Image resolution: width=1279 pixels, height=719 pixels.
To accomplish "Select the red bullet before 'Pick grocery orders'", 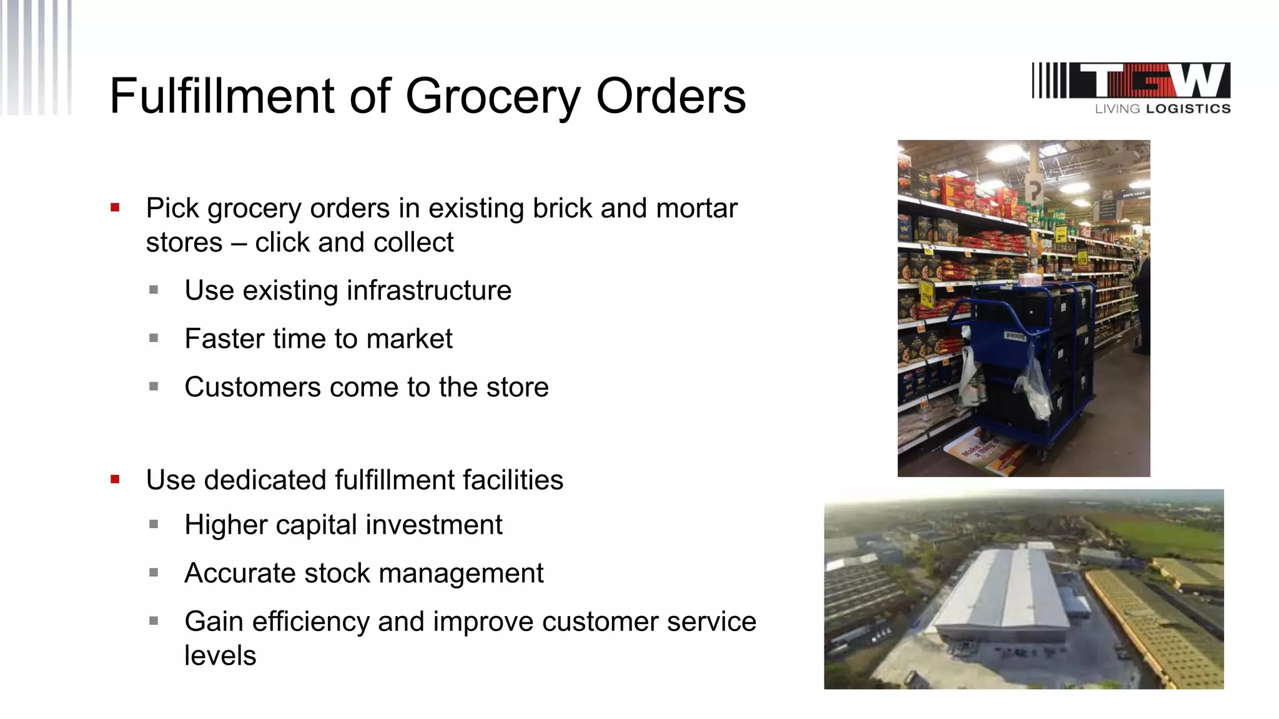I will click(x=115, y=208).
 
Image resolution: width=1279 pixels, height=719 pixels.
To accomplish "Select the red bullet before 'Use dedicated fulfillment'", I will click(x=115, y=479).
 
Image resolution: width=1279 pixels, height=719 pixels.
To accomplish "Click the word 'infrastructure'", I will click(x=429, y=290).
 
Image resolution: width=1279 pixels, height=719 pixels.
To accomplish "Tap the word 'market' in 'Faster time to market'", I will click(x=409, y=339).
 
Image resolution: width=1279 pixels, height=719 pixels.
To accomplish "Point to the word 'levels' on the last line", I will click(x=220, y=655).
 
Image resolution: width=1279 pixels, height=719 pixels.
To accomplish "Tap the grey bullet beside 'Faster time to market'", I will click(x=154, y=338).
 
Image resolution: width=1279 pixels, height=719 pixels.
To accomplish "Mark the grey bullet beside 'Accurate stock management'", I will click(x=154, y=572).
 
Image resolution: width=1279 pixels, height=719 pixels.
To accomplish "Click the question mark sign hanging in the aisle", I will click(x=1034, y=189).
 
